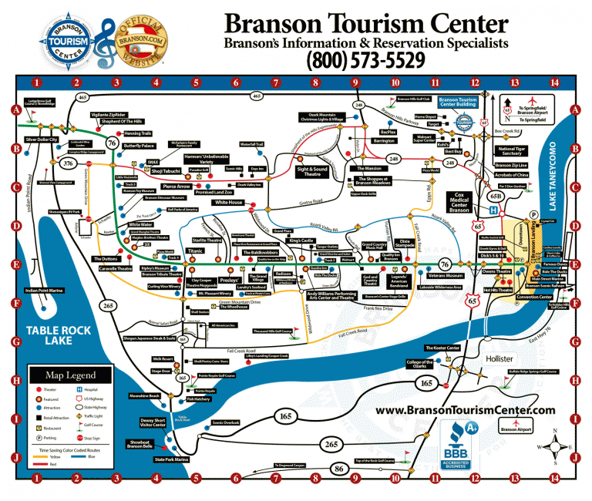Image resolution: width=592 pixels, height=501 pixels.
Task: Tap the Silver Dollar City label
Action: click(x=42, y=140)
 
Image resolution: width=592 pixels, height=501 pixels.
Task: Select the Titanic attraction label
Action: click(x=196, y=251)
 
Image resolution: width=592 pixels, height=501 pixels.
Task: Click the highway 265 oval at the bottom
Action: click(x=331, y=445)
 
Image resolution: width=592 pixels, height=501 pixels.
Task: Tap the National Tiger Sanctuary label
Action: click(x=514, y=151)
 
